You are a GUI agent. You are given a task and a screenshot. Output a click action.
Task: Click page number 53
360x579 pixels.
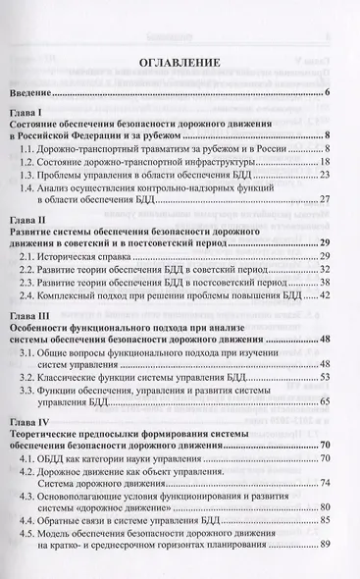click(x=325, y=378)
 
